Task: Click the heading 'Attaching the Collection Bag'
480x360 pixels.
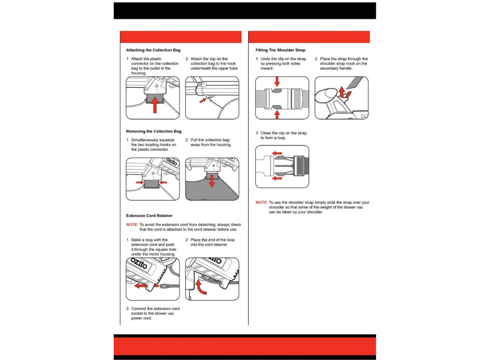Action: [x=153, y=50]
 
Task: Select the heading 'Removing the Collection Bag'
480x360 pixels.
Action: [x=154, y=131]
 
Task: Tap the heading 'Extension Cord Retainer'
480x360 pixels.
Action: [x=149, y=216]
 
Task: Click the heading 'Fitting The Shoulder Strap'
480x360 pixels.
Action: [x=280, y=50]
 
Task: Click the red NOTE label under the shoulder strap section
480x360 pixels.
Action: [x=262, y=203]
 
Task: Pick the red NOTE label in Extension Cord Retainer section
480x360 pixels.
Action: [x=132, y=225]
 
